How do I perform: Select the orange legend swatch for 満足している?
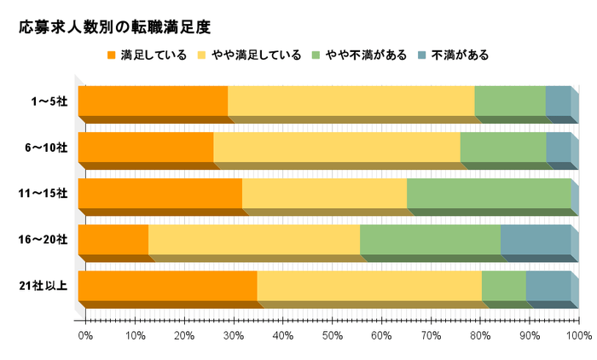coord(111,55)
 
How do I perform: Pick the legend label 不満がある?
coord(461,55)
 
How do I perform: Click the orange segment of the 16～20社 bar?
coord(113,240)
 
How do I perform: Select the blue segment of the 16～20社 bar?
coord(535,240)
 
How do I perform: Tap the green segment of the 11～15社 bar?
coord(489,194)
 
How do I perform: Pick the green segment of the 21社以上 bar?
coord(503,286)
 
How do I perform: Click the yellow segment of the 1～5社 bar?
coord(351,102)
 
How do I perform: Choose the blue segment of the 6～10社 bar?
coord(558,148)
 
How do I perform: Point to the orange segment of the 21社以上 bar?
coord(167,286)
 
